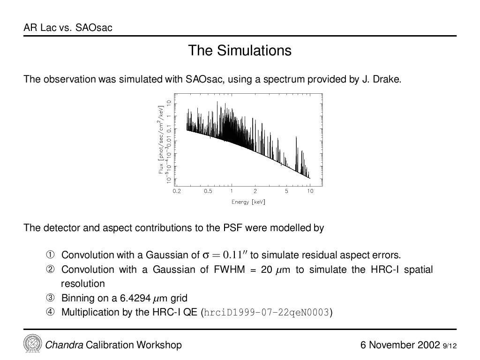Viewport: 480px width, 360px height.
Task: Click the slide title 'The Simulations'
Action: click(x=240, y=51)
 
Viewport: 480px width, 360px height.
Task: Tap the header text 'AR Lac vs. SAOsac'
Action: click(x=68, y=28)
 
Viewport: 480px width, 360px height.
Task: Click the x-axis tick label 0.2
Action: click(x=177, y=191)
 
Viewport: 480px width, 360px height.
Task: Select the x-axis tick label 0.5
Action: click(x=208, y=191)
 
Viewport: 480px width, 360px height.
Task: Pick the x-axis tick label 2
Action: click(x=255, y=191)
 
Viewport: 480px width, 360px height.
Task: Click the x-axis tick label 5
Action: click(x=286, y=191)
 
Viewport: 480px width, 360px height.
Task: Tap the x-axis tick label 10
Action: click(x=310, y=191)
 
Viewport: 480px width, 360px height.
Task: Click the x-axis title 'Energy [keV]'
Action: click(x=248, y=202)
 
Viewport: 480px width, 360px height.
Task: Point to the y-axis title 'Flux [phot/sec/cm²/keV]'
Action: click(x=161, y=140)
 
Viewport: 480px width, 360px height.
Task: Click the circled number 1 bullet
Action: click(x=50, y=255)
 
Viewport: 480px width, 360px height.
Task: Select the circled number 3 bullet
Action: click(x=50, y=298)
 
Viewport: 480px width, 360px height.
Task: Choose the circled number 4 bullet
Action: click(x=50, y=312)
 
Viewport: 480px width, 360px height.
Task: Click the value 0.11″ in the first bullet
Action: click(x=235, y=255)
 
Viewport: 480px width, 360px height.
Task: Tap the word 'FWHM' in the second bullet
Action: click(x=229, y=270)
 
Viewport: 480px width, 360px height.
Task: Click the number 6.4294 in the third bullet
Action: click(x=135, y=298)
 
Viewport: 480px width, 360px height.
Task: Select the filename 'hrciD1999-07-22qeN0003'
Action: click(x=266, y=313)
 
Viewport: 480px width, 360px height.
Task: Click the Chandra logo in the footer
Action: click(x=32, y=343)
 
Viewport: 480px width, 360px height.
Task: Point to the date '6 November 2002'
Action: click(x=400, y=345)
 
